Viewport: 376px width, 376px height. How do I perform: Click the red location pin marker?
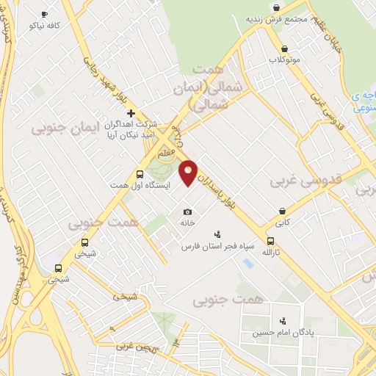pos(189,173)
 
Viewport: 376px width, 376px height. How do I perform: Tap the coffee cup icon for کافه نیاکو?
pos(44,14)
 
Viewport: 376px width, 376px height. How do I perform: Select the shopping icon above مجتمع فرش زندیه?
pos(276,8)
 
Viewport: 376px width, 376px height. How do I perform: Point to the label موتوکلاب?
pos(283,59)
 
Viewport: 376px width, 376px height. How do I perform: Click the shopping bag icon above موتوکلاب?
pos(283,48)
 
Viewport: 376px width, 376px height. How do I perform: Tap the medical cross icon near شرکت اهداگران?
pos(131,113)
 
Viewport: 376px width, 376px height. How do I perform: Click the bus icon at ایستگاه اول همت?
pos(140,175)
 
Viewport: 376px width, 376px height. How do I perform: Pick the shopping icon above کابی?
pos(282,209)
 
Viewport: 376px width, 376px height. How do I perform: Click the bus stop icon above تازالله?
pos(271,240)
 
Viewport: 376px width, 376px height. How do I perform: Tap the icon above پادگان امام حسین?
pos(282,320)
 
